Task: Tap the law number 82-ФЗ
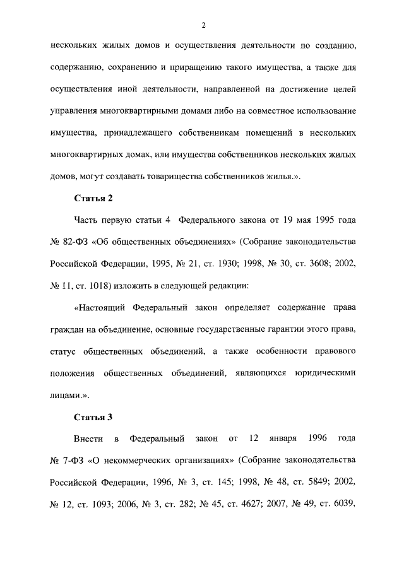click(78, 242)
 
